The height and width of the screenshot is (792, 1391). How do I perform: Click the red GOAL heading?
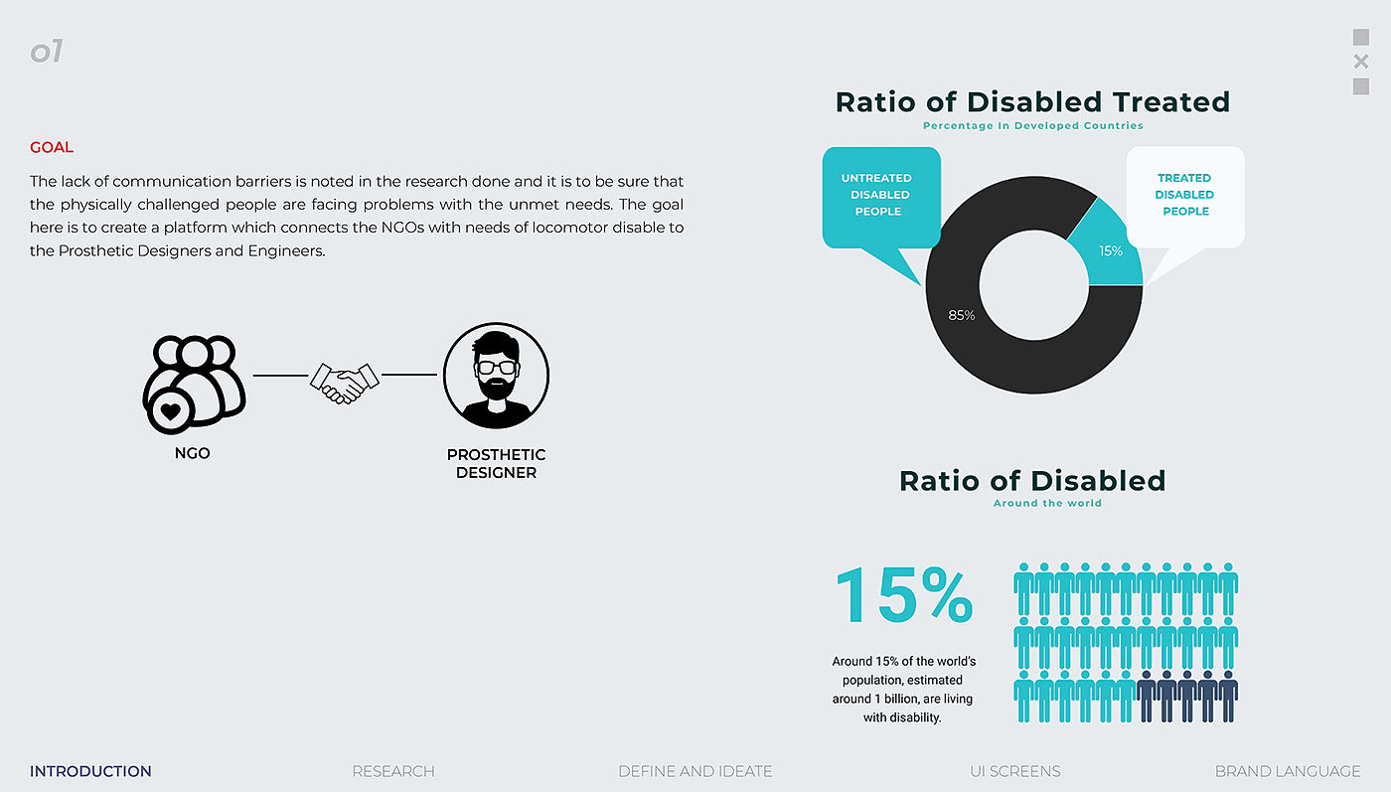pyautogui.click(x=52, y=148)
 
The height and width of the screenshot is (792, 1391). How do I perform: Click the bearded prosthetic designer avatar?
pyautogui.click(x=496, y=376)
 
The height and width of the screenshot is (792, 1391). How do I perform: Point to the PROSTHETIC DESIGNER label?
pyautogui.click(x=496, y=464)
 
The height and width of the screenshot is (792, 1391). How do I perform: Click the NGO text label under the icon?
pyautogui.click(x=193, y=454)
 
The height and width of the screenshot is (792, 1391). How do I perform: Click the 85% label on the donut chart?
pyautogui.click(x=962, y=315)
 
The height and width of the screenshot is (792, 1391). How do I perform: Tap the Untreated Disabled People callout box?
pyautogui.click(x=880, y=196)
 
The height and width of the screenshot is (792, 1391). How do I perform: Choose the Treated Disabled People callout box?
pyautogui.click(x=1184, y=196)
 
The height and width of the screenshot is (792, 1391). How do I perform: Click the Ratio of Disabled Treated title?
pyautogui.click(x=1032, y=102)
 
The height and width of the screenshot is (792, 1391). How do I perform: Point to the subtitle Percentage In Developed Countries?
pyautogui.click(x=1032, y=126)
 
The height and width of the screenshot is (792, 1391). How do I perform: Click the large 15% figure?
pyautogui.click(x=903, y=596)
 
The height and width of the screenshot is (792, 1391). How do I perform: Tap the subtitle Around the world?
pyautogui.click(x=1047, y=504)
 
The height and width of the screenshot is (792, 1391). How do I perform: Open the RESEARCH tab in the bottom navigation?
pyautogui.click(x=393, y=771)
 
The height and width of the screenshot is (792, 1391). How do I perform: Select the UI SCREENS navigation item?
pyautogui.click(x=1014, y=771)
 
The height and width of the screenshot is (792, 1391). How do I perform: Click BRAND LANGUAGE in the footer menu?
pyautogui.click(x=1288, y=771)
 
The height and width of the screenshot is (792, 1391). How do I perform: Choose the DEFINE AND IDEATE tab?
pyautogui.click(x=695, y=771)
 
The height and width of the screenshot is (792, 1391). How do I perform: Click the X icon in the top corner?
pyautogui.click(x=1361, y=62)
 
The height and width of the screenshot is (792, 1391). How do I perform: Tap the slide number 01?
pyautogui.click(x=47, y=52)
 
